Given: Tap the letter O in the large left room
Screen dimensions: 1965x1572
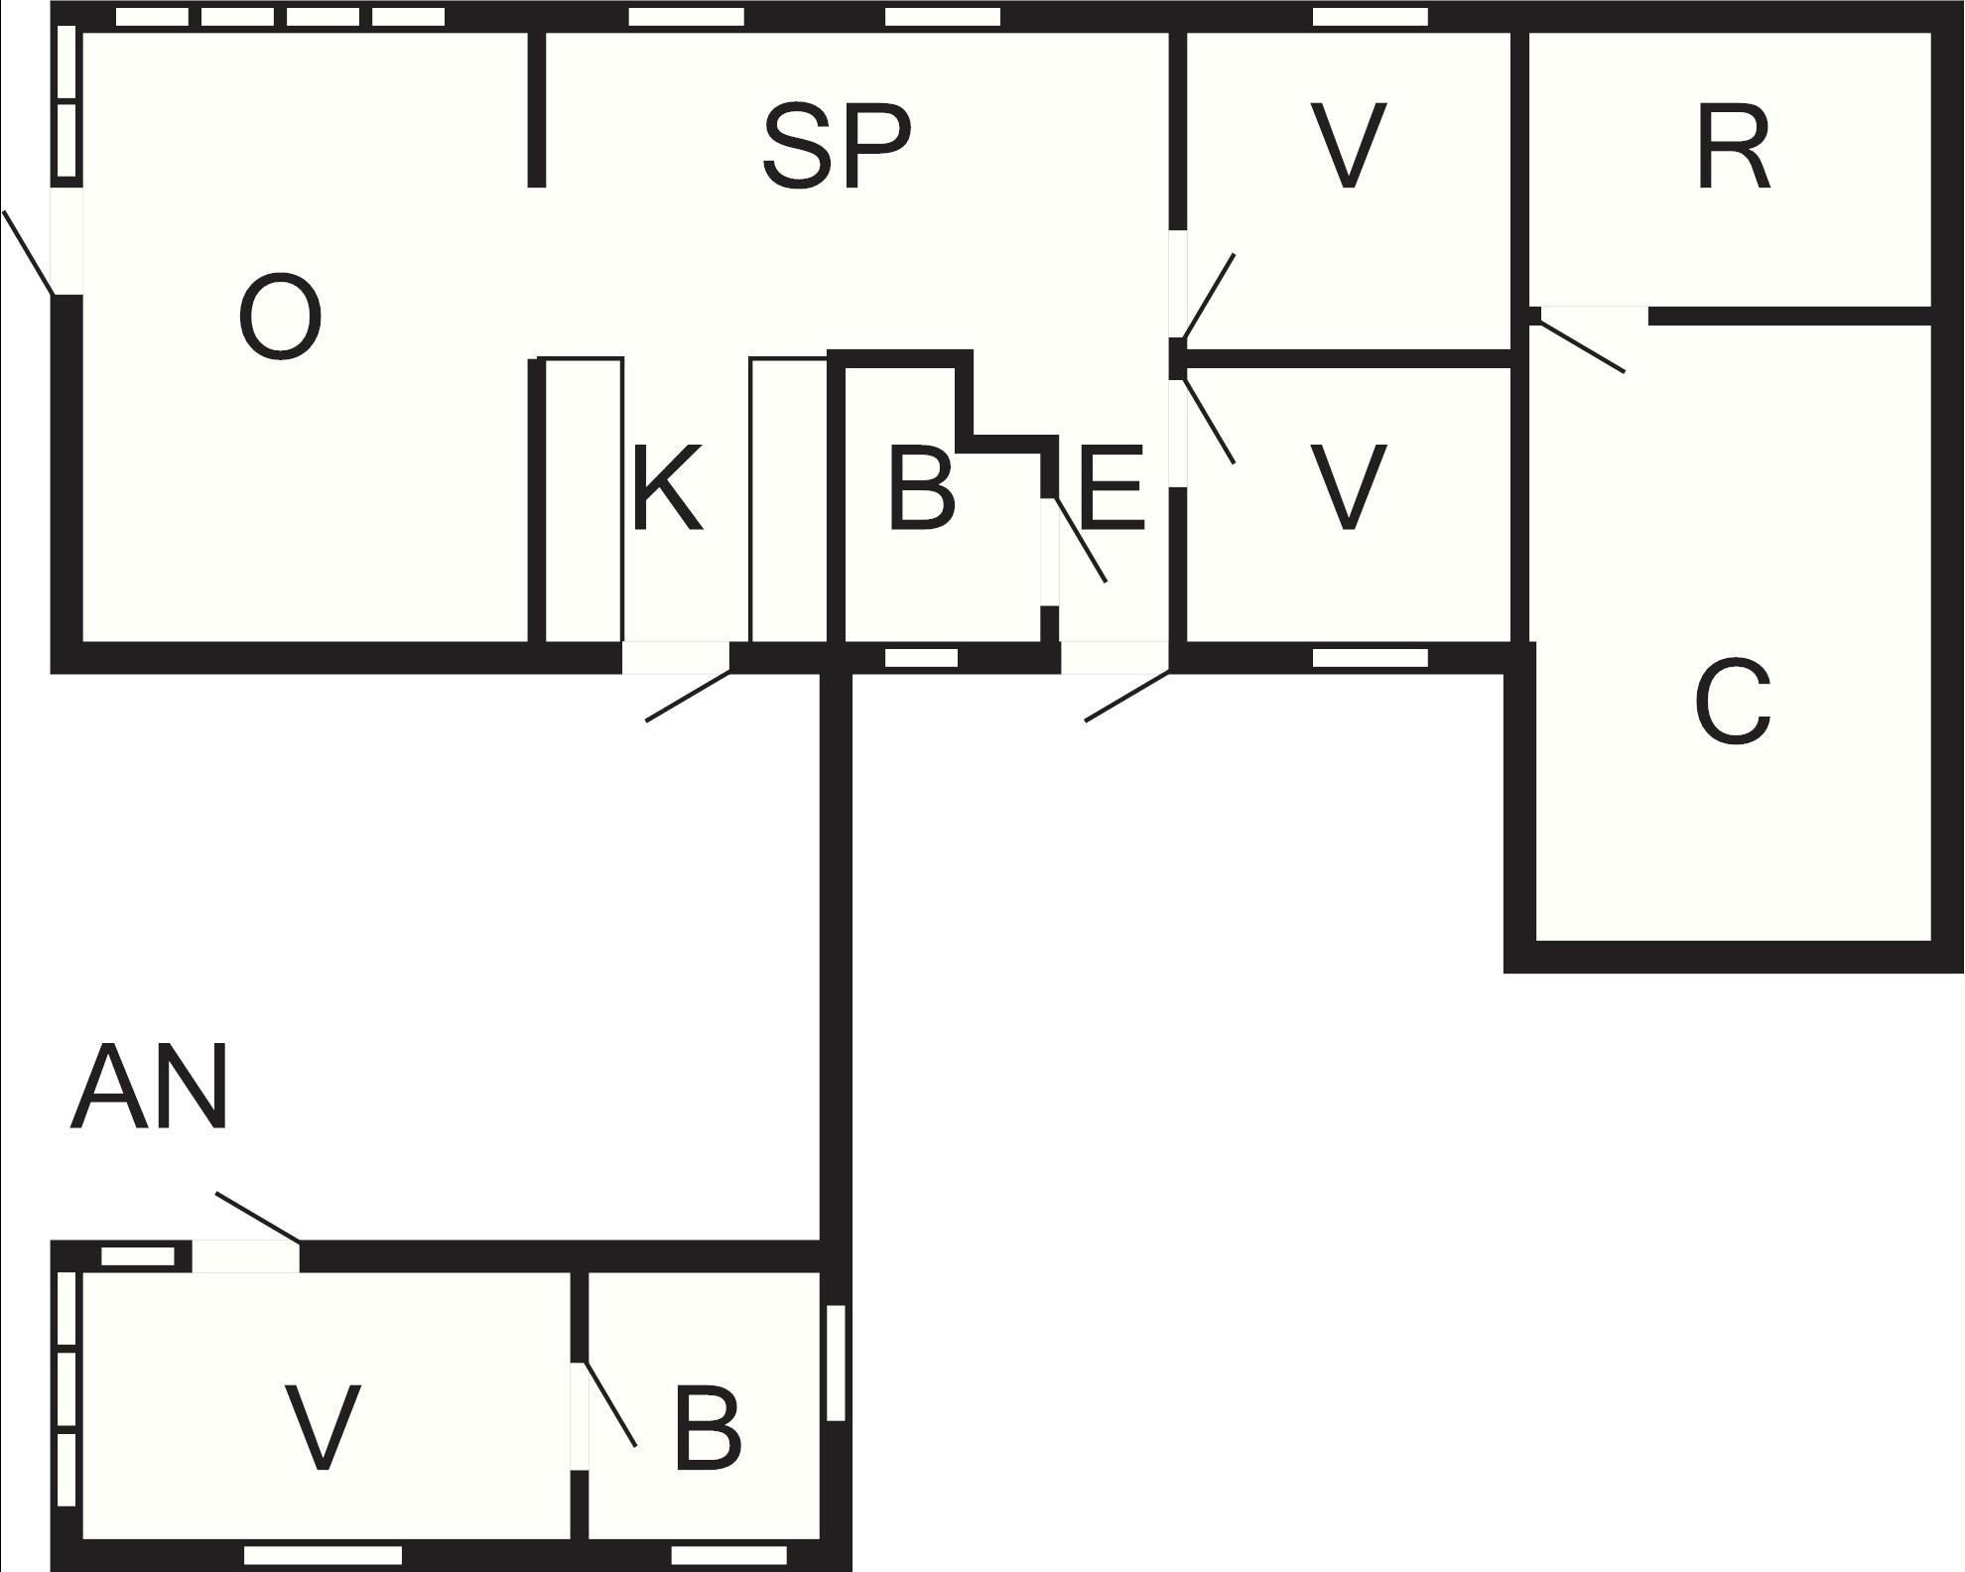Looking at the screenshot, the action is pos(281,317).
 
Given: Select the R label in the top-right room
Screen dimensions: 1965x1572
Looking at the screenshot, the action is pos(1733,148).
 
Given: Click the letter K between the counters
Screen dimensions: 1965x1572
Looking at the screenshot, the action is pos(667,488).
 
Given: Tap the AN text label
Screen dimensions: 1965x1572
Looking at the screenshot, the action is pos(150,1088).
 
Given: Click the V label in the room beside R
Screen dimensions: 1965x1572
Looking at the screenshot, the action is pos(1347,146).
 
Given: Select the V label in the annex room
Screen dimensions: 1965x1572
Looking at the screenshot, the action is pos(323,1427).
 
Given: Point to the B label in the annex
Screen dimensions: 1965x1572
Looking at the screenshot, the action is pos(707,1428).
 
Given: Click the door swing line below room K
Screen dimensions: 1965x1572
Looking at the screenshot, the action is pos(689,696).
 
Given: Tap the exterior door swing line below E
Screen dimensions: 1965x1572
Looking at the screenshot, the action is pos(1127,696).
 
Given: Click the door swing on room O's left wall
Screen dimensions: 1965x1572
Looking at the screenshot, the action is pos(28,252).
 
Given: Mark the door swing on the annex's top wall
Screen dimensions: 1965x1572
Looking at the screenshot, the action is pos(258,1218).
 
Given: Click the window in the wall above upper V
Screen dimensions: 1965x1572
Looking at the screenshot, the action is pos(1371,17).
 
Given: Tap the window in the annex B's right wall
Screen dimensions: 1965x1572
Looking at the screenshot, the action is pos(837,1363).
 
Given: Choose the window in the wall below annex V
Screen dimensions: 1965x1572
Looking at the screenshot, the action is pos(324,1555).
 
